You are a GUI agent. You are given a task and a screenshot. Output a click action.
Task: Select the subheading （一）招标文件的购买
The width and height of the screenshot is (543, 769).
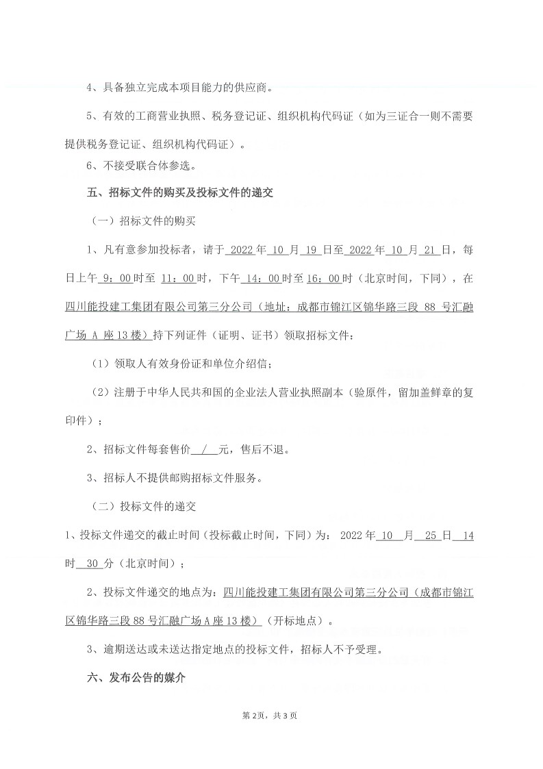pos(144,222)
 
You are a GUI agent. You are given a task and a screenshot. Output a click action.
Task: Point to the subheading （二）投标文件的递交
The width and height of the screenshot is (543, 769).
pos(144,507)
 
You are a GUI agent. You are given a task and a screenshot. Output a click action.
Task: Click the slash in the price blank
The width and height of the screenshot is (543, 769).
pos(204,450)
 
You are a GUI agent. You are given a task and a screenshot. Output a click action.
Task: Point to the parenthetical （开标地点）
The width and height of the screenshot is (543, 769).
pos(295,621)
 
